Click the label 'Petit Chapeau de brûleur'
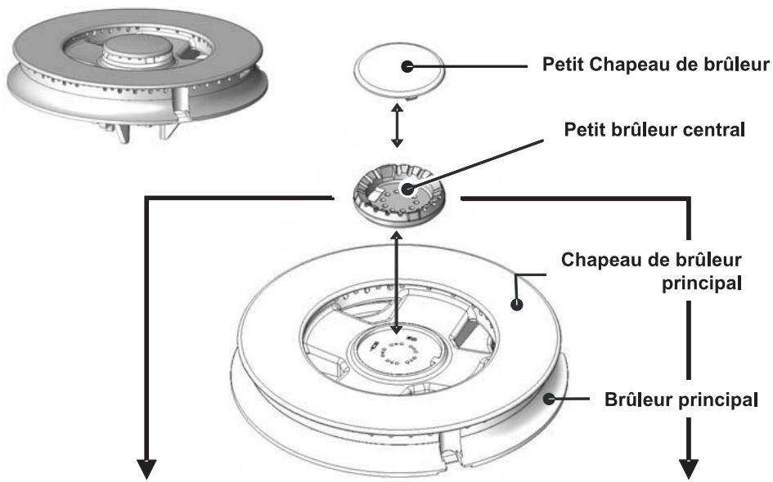pos(655,64)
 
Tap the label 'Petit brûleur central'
pos(654,129)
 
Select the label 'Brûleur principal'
pos(681,399)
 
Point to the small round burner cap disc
pos(399,69)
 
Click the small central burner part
pos(399,196)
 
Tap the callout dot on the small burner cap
pos(407,66)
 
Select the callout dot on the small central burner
pos(407,189)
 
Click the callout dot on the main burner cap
pos(516,304)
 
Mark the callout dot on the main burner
pos(549,399)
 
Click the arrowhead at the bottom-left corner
pos(146,468)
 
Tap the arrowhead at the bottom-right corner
pos(689,468)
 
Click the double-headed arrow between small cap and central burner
pos(397,125)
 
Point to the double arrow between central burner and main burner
pos(397,283)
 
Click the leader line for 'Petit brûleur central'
pos(475,164)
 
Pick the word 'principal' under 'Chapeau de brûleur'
pos(701,283)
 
